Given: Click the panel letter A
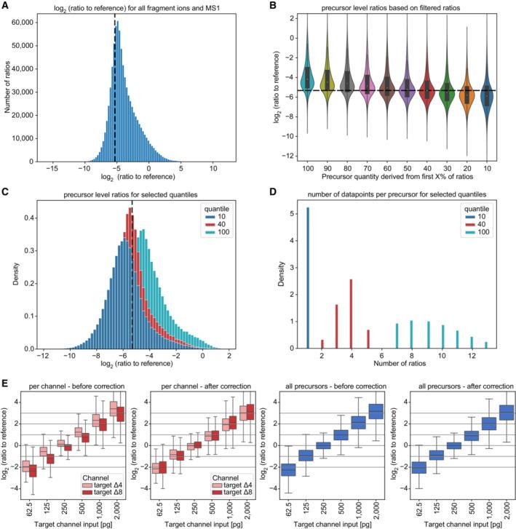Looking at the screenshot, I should [7, 6].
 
